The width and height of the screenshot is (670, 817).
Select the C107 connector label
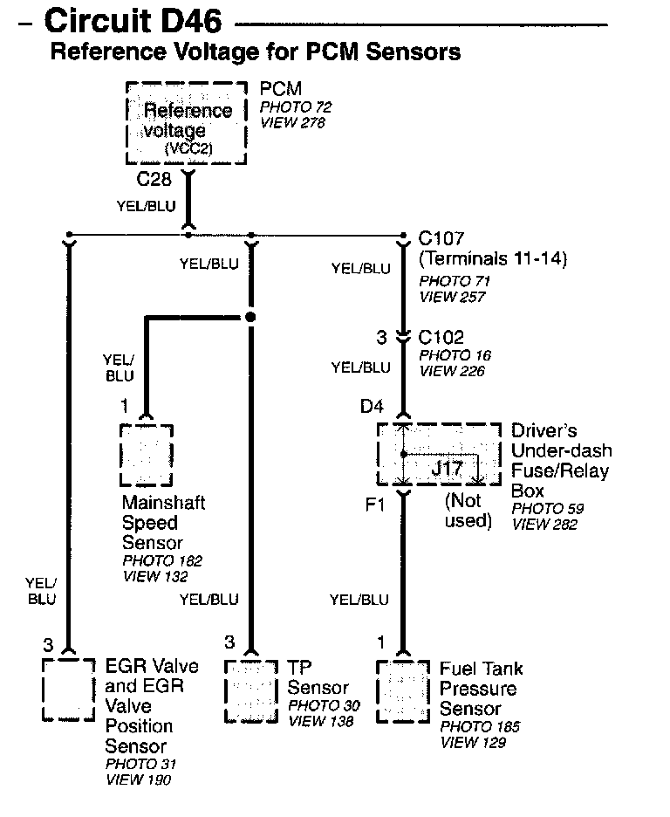click(x=441, y=238)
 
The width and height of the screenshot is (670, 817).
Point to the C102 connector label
click(x=441, y=338)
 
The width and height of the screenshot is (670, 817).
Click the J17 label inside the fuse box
click(x=448, y=468)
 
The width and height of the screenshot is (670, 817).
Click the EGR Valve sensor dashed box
click(x=69, y=690)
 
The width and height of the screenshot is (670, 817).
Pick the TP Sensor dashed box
click(x=251, y=690)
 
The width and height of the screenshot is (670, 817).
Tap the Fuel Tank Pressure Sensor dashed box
click(x=402, y=690)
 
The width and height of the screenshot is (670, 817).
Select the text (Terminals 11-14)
click(x=493, y=258)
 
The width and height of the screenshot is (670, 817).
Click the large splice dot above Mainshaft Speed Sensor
click(x=250, y=318)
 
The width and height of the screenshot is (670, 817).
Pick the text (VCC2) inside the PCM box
click(x=188, y=149)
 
